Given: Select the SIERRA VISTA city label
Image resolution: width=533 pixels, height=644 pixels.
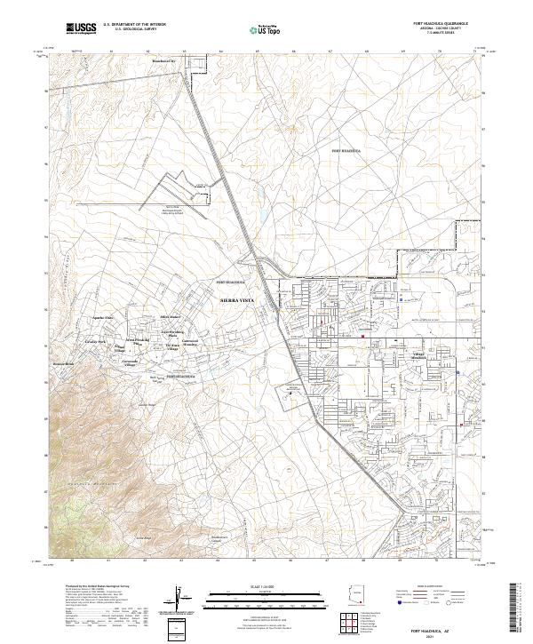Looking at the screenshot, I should [x=236, y=302].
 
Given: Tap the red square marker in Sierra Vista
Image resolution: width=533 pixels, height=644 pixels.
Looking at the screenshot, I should [x=363, y=335].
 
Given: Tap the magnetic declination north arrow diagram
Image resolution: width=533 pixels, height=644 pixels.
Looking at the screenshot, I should [x=180, y=597].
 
